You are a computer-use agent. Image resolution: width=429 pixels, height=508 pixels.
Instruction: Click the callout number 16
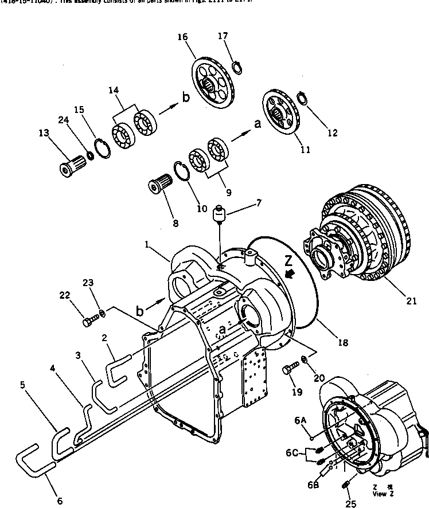click(x=182, y=37)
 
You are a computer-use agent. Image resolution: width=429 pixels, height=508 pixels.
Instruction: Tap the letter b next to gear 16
click(x=185, y=99)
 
